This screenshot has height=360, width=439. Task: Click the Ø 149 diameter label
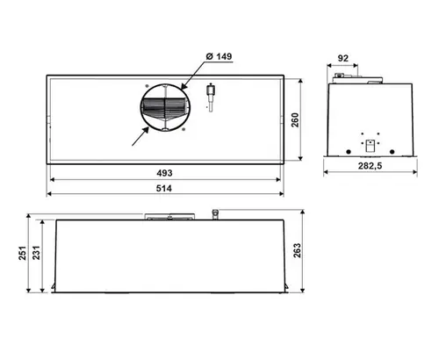(219, 56)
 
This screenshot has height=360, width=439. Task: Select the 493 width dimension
(164, 173)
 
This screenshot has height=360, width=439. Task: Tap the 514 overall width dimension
(164, 188)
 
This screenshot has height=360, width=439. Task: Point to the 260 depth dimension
(295, 120)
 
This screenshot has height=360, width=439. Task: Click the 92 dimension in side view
(343, 58)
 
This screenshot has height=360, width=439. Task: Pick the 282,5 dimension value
(371, 166)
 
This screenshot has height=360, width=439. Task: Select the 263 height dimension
(297, 250)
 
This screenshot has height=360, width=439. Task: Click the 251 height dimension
(23, 253)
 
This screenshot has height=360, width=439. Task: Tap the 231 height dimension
(36, 253)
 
